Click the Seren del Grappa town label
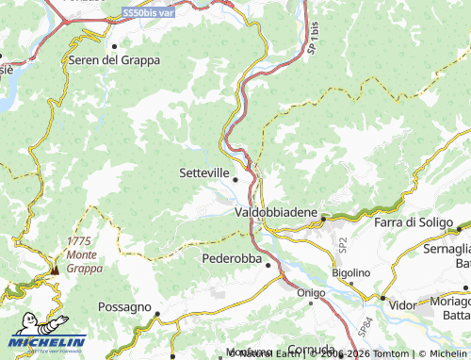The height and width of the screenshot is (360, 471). tap(114, 59)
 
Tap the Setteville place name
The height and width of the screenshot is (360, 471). tap(203, 173)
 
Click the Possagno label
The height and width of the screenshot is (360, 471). tap(124, 307)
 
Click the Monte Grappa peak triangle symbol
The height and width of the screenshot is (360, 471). tap(55, 269)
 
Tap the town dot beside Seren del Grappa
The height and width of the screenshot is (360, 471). tap(115, 45)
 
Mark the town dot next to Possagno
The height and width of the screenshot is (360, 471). tap(158, 315)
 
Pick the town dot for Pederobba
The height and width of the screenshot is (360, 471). tap(268, 265)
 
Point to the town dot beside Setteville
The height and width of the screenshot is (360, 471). tap(235, 176)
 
